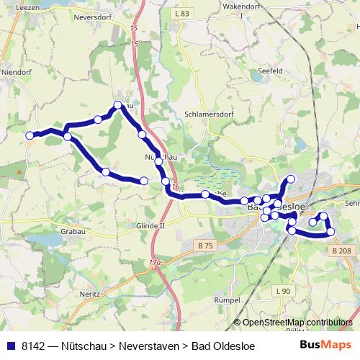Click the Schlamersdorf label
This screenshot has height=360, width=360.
point(211,114)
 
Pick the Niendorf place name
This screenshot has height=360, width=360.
point(16,72)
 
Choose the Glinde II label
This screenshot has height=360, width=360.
point(150,225)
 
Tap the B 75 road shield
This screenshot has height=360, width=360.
point(205,246)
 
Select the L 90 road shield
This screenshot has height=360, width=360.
point(284,291)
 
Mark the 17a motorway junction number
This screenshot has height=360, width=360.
point(154,263)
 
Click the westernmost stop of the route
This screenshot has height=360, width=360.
point(30,135)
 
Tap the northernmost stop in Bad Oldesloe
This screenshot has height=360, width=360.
point(291,179)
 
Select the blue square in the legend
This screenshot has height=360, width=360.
point(11,345)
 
